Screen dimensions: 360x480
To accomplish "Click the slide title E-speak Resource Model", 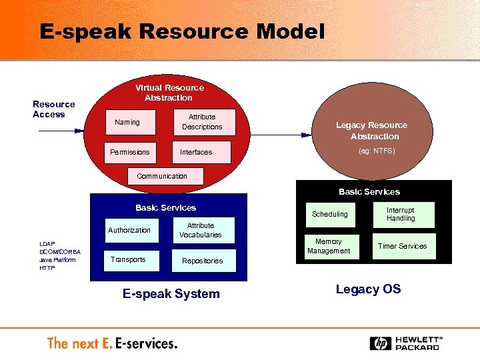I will (x=182, y=31).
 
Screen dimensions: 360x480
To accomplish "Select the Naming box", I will (x=131, y=123).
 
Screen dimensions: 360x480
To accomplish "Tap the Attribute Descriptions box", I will (x=202, y=122).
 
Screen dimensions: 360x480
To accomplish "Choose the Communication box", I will (x=162, y=176).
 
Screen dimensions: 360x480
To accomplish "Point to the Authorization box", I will (x=131, y=231).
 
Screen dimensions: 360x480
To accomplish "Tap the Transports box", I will (x=131, y=260).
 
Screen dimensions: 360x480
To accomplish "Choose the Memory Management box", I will (x=329, y=246).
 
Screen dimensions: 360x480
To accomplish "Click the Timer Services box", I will (x=403, y=246).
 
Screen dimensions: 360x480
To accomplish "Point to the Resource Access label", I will (x=54, y=109).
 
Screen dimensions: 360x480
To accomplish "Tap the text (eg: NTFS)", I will (x=377, y=151).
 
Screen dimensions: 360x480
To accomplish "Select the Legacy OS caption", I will (x=368, y=289).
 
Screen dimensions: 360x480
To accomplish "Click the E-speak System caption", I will (x=171, y=294).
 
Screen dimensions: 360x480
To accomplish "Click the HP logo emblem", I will (x=381, y=343).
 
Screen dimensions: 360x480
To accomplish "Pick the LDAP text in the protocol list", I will (x=47, y=244).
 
